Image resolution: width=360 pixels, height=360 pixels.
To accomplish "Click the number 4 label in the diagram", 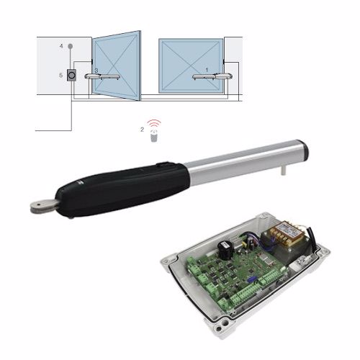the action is (61, 46).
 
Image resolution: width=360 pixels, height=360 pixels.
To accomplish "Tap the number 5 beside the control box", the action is (61, 75).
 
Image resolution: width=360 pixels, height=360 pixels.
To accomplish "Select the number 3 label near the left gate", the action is (96, 71).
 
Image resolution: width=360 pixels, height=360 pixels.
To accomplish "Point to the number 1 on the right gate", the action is (207, 70).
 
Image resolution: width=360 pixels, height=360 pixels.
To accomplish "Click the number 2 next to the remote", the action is (142, 130).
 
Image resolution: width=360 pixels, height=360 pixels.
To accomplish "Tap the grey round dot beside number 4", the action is (71, 46).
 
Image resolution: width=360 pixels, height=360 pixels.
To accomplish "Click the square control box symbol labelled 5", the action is (71, 76).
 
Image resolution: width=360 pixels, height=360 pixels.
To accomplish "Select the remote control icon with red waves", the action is (154, 131).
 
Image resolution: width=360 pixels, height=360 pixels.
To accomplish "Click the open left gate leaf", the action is (116, 66).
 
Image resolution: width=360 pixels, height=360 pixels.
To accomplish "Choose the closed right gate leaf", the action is (191, 66).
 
